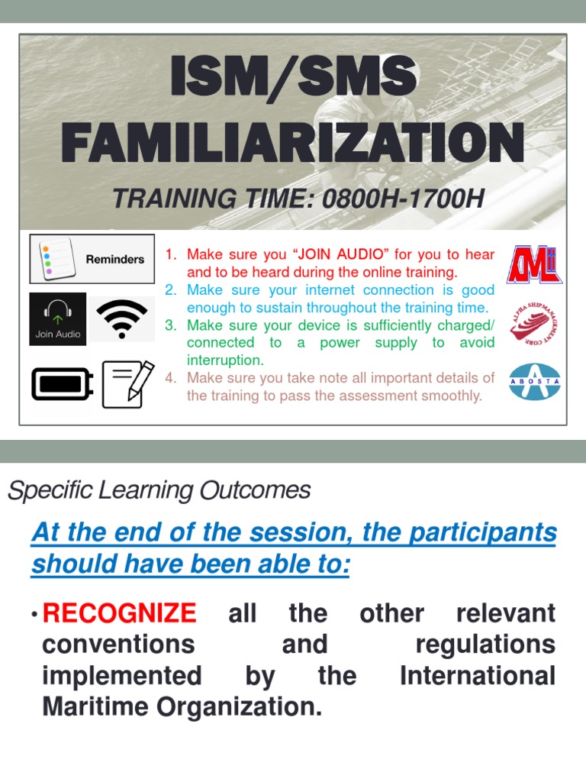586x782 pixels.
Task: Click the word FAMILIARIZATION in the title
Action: pyautogui.click(x=293, y=142)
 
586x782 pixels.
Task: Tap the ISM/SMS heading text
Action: pyautogui.click(x=293, y=78)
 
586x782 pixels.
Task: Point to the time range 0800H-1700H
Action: pyautogui.click(x=404, y=199)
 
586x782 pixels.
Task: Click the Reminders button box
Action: pyautogui.click(x=92, y=259)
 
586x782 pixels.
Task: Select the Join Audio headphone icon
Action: pyautogui.click(x=58, y=318)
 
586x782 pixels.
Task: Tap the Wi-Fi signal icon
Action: pyautogui.click(x=122, y=318)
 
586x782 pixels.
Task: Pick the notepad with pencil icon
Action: pyautogui.click(x=127, y=383)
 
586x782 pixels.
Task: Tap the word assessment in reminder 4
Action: pyautogui.click(x=398, y=396)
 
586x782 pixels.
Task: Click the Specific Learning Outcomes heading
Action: pyautogui.click(x=159, y=490)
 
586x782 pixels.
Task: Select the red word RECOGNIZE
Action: pyautogui.click(x=120, y=613)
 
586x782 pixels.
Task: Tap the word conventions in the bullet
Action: pyautogui.click(x=118, y=645)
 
